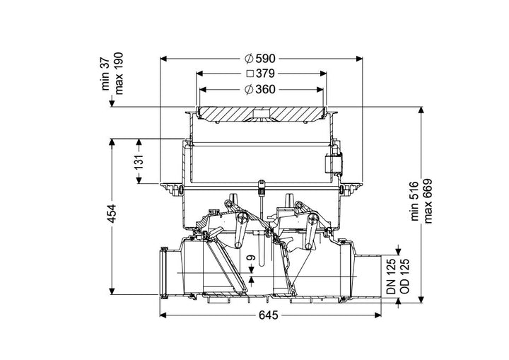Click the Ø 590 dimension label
260,59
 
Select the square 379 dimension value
261,74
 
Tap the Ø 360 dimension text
260,89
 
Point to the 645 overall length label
269,315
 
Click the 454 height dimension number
112,213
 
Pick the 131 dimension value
139,162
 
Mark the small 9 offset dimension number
251,257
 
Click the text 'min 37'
106,76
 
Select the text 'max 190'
119,73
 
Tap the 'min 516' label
415,202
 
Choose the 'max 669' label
428,201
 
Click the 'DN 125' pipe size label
392,276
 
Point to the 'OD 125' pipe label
404,276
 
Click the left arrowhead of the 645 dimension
163,315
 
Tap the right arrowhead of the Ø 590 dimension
359,59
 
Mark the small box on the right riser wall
334,163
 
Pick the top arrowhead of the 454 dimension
112,142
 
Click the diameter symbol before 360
249,89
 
